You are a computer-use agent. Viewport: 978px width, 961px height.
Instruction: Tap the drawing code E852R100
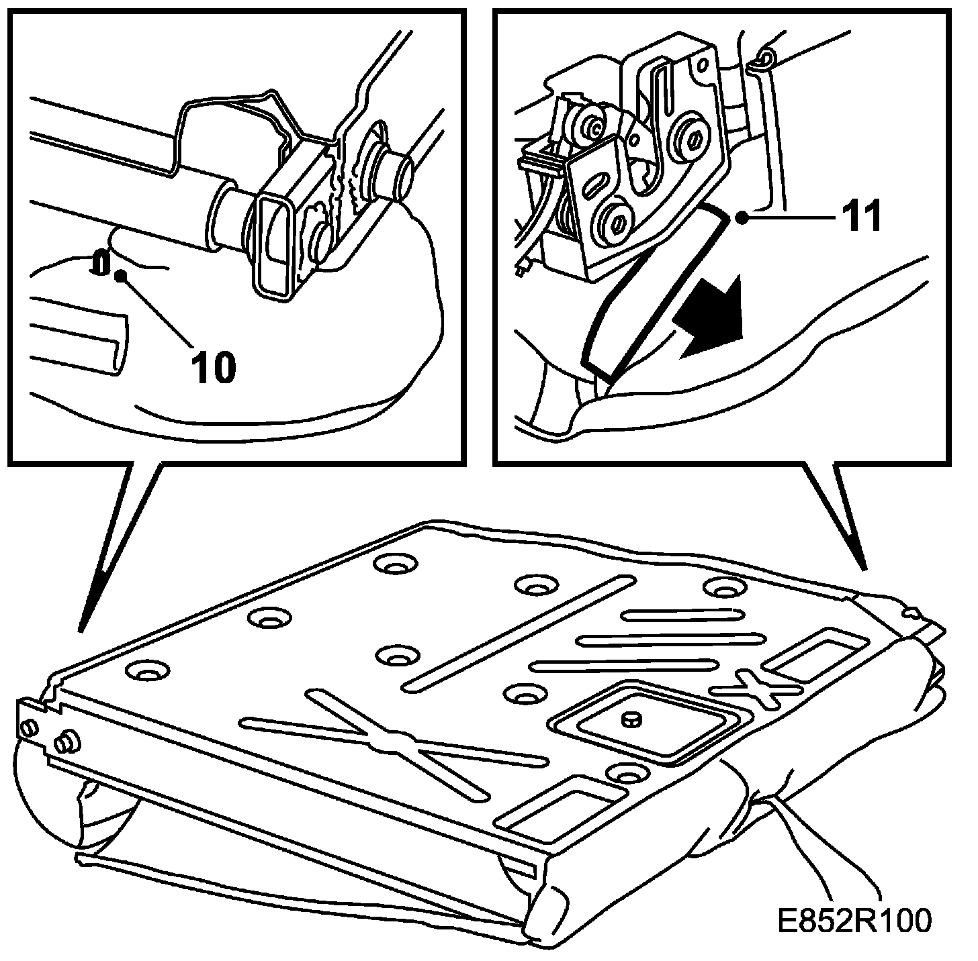[854, 919]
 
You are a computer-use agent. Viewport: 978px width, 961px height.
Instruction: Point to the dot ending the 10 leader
[122, 275]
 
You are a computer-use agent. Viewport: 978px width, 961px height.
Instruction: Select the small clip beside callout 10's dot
[99, 262]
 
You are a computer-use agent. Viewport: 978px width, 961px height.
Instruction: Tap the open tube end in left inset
[396, 175]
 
